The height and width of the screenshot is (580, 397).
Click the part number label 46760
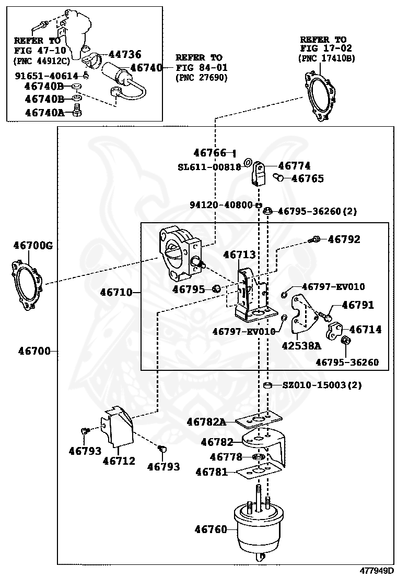(x=211, y=529)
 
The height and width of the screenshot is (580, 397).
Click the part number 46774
(x=294, y=166)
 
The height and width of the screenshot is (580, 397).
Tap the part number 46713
(x=239, y=255)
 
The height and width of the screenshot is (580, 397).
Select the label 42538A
(x=301, y=345)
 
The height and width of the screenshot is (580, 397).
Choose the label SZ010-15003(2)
(x=322, y=385)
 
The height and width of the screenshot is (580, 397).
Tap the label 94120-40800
(x=221, y=205)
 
